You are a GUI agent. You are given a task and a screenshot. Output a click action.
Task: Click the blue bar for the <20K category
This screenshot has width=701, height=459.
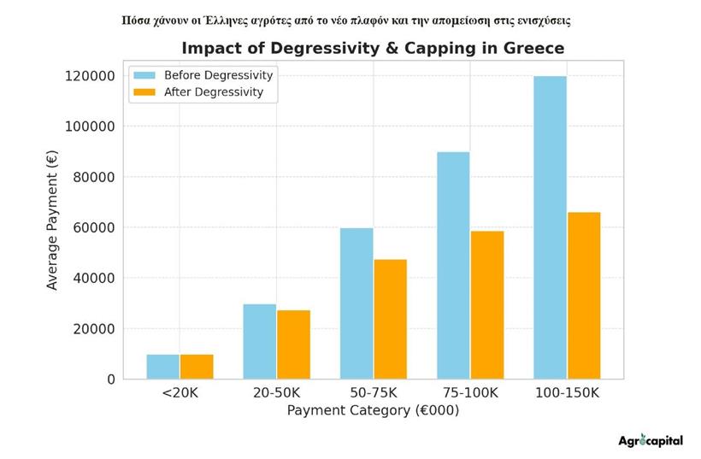click(x=162, y=367)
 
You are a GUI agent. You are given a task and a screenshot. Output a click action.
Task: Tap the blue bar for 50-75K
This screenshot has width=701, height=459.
click(x=356, y=303)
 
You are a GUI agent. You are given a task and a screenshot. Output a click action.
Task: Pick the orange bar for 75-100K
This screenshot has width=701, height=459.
click(x=486, y=305)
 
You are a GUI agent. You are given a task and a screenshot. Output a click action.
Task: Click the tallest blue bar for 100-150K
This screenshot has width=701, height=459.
click(x=550, y=227)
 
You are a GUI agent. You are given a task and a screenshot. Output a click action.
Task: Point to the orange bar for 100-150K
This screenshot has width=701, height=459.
click(x=584, y=295)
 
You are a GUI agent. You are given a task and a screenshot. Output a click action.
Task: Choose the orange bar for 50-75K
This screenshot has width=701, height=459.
click(x=390, y=319)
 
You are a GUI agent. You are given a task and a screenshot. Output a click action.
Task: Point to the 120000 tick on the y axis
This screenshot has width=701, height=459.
click(x=88, y=76)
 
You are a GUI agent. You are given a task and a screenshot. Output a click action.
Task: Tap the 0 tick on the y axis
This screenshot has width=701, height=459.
click(x=110, y=379)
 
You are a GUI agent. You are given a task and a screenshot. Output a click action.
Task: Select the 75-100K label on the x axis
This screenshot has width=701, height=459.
click(x=469, y=394)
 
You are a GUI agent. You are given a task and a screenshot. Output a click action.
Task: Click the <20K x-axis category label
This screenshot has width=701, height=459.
click(x=180, y=394)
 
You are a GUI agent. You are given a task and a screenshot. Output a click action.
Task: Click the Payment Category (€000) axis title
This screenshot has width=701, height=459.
click(x=373, y=411)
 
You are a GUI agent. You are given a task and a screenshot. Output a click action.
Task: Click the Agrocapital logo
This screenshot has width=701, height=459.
click(x=650, y=441)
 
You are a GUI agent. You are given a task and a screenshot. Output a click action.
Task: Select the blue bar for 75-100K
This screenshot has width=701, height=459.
click(x=453, y=265)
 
